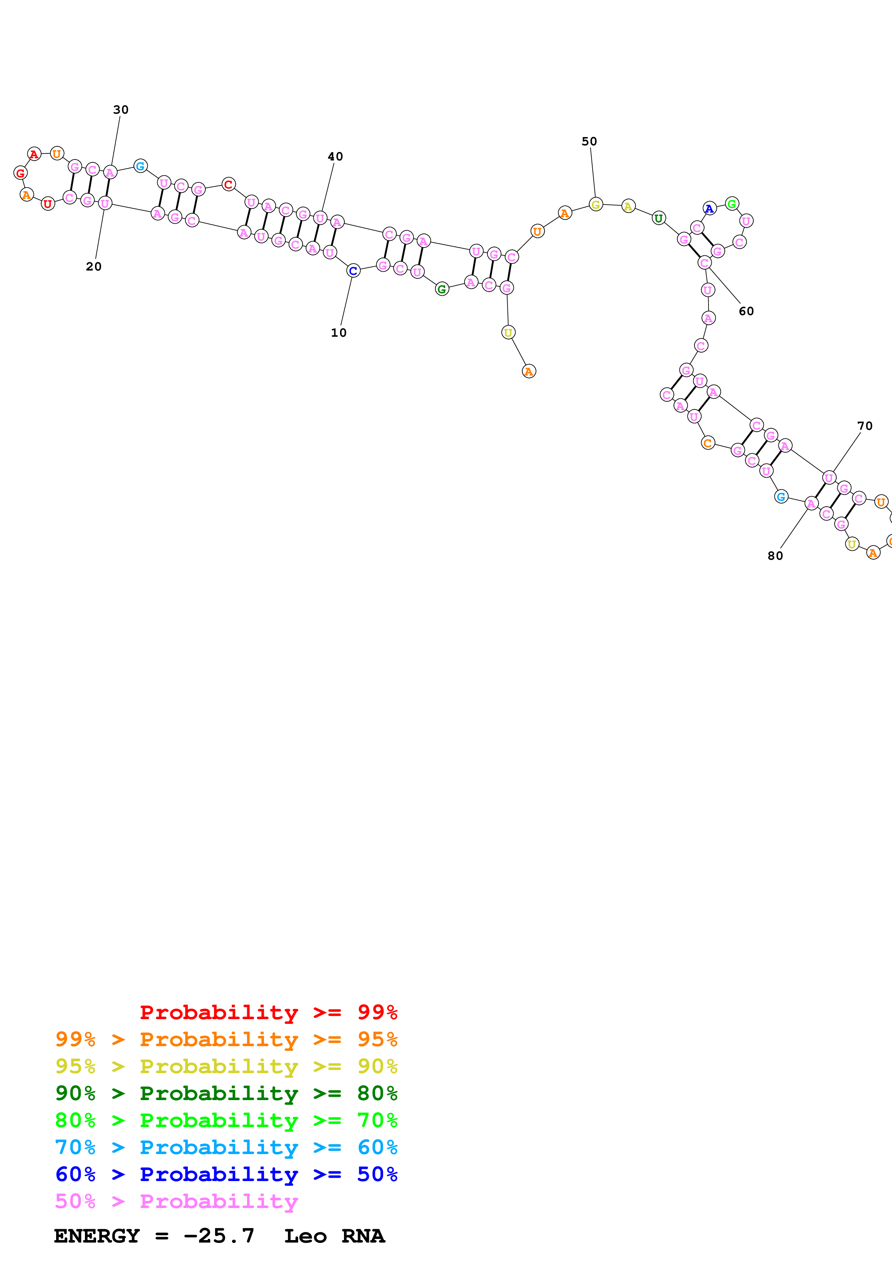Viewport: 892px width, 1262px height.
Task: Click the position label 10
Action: (x=339, y=332)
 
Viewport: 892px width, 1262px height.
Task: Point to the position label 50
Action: (x=589, y=141)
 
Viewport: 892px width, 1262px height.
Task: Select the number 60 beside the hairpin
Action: (x=746, y=311)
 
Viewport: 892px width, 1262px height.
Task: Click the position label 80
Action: (x=775, y=556)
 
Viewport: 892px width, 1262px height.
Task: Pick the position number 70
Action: (x=865, y=426)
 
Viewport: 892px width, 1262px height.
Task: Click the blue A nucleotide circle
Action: (x=710, y=208)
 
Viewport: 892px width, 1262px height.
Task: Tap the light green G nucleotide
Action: (x=732, y=204)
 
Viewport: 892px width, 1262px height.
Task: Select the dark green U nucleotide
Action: (x=658, y=218)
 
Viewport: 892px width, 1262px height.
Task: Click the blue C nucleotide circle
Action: (x=353, y=271)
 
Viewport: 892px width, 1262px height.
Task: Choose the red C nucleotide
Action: (x=228, y=184)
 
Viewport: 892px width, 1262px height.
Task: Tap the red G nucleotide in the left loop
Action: (x=21, y=173)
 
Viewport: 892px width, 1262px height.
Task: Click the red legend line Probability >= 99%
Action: (x=268, y=1012)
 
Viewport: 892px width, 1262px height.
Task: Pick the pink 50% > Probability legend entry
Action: (x=176, y=1201)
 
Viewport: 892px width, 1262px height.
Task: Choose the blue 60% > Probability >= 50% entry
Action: (x=226, y=1174)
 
